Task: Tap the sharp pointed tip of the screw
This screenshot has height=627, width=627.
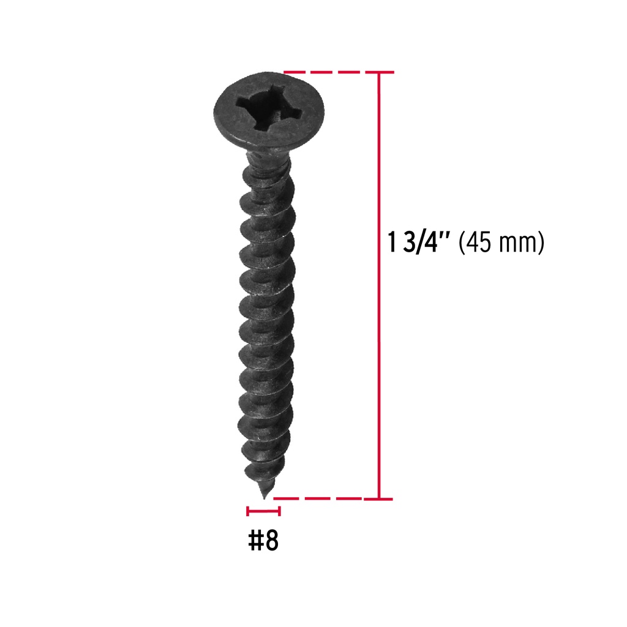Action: (264, 498)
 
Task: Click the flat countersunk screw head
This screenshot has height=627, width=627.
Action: (269, 111)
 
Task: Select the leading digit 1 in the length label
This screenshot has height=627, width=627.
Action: (392, 242)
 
